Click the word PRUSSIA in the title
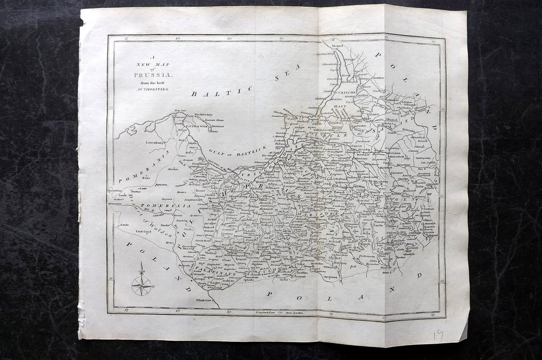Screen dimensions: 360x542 click(152, 75)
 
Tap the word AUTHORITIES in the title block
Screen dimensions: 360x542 click(153, 90)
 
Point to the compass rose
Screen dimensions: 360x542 click(142, 285)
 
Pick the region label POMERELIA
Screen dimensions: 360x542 click(155, 205)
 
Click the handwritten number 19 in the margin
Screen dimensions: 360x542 click(438, 335)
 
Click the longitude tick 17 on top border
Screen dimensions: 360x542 click(127, 37)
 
